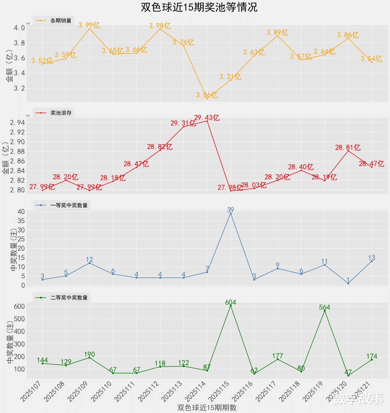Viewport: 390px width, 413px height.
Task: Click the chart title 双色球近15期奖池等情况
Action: pos(199,7)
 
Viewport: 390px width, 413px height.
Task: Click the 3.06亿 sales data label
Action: pos(207,95)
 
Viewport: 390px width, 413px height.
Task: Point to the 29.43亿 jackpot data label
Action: pos(207,118)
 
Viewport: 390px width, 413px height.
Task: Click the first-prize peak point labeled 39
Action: pos(231,213)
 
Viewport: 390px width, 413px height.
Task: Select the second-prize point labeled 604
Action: pos(231,306)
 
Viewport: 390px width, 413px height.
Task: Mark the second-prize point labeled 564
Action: pos(325,311)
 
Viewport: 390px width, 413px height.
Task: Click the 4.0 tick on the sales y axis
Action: pos(19,28)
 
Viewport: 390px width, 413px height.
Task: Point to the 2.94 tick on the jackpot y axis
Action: pos(17,123)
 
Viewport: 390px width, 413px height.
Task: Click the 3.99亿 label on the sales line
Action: pos(89,25)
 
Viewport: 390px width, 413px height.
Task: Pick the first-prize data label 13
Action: pos(371,258)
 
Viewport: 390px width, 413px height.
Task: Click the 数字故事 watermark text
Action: pos(358,399)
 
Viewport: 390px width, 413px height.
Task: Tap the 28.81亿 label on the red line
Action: pos(348,148)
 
